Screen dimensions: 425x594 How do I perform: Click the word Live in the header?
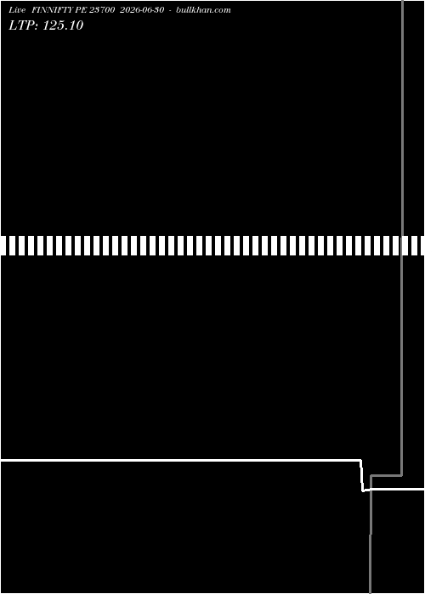point(17,10)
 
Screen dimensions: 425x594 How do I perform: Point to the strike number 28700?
point(102,10)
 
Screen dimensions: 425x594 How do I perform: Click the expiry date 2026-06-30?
point(142,10)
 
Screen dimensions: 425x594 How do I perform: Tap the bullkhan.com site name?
point(203,10)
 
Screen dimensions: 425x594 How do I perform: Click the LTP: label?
point(24,25)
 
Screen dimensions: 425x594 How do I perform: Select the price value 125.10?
point(63,25)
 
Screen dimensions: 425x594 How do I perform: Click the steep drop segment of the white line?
point(361,475)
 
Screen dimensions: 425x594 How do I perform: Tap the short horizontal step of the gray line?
point(386,475)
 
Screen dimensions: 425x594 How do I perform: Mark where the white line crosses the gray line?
point(371,490)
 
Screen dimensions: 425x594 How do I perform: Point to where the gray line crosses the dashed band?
point(402,245)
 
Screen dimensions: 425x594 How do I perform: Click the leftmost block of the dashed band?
point(3,245)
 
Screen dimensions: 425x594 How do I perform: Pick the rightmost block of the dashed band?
point(422,245)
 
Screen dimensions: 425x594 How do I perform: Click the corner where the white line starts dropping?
point(360,460)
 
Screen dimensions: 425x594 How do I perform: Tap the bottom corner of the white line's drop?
point(363,490)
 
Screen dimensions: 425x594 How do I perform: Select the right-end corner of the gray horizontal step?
point(402,475)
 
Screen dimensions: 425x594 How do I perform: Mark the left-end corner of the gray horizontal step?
point(371,476)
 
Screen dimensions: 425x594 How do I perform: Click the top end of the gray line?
point(402,0)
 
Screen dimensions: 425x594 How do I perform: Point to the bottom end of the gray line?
point(370,593)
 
